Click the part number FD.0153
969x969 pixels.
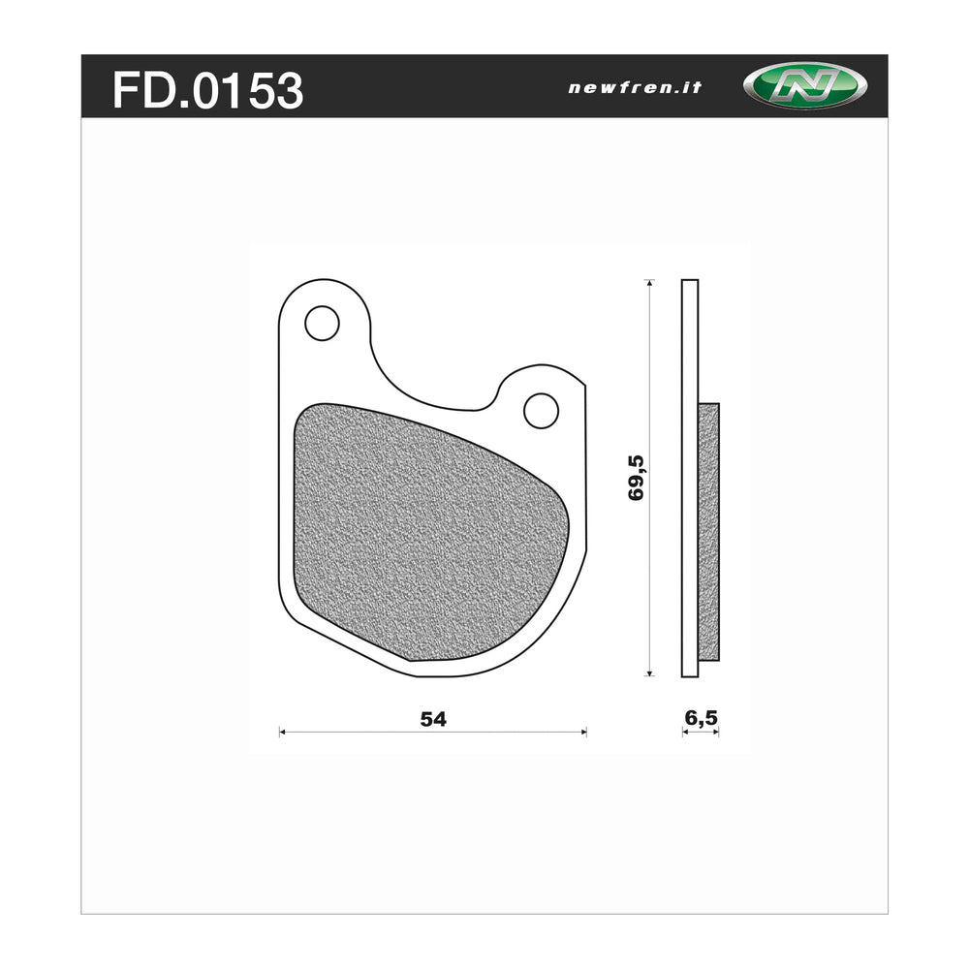[207, 90]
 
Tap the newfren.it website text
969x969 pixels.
[635, 87]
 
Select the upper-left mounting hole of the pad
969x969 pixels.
[322, 323]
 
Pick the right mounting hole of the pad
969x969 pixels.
[541, 410]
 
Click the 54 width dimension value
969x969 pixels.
[432, 719]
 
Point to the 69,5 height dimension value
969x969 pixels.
[637, 477]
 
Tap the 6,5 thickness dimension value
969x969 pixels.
[701, 718]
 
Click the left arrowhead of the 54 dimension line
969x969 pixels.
[282, 732]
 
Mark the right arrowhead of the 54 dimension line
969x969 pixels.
[583, 732]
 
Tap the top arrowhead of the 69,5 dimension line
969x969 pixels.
[650, 283]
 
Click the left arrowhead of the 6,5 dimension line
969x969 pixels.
[684, 733]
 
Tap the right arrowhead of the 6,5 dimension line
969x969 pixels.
[717, 733]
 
